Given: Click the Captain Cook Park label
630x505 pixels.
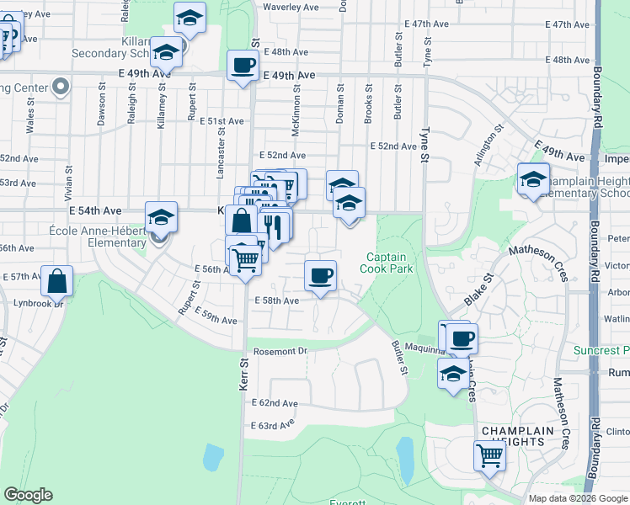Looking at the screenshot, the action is click(385, 263).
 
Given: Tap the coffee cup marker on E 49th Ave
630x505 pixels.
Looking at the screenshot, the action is click(243, 65).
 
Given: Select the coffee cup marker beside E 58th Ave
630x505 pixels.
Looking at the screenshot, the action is click(320, 275).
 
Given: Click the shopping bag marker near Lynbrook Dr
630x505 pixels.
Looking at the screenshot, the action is click(56, 280).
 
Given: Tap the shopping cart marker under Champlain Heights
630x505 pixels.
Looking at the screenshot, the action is click(489, 455).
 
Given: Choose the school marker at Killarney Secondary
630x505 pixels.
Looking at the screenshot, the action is click(167, 52).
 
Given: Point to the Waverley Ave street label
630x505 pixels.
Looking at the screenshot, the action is click(288, 7).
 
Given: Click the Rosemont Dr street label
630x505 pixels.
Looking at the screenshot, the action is click(278, 351).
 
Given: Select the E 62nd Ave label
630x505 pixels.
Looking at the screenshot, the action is click(275, 404).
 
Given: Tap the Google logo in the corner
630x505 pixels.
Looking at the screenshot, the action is click(28, 495).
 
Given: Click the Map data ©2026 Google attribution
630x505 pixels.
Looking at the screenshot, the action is click(578, 498).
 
